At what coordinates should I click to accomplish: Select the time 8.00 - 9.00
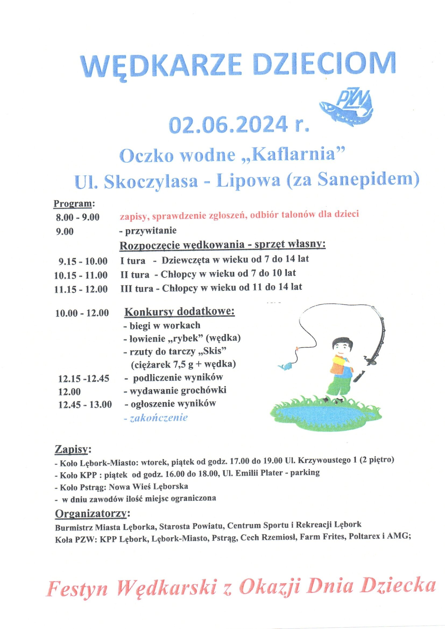point(77,218)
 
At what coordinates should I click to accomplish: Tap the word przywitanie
point(151,231)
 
